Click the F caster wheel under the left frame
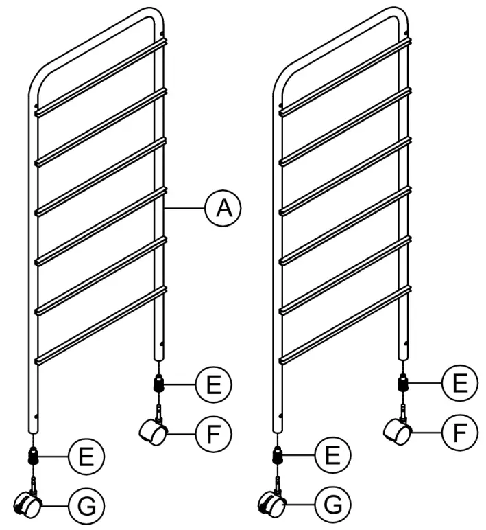153,432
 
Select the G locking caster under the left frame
29,505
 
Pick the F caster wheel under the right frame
398,432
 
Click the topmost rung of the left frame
101,76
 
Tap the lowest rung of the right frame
346,323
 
